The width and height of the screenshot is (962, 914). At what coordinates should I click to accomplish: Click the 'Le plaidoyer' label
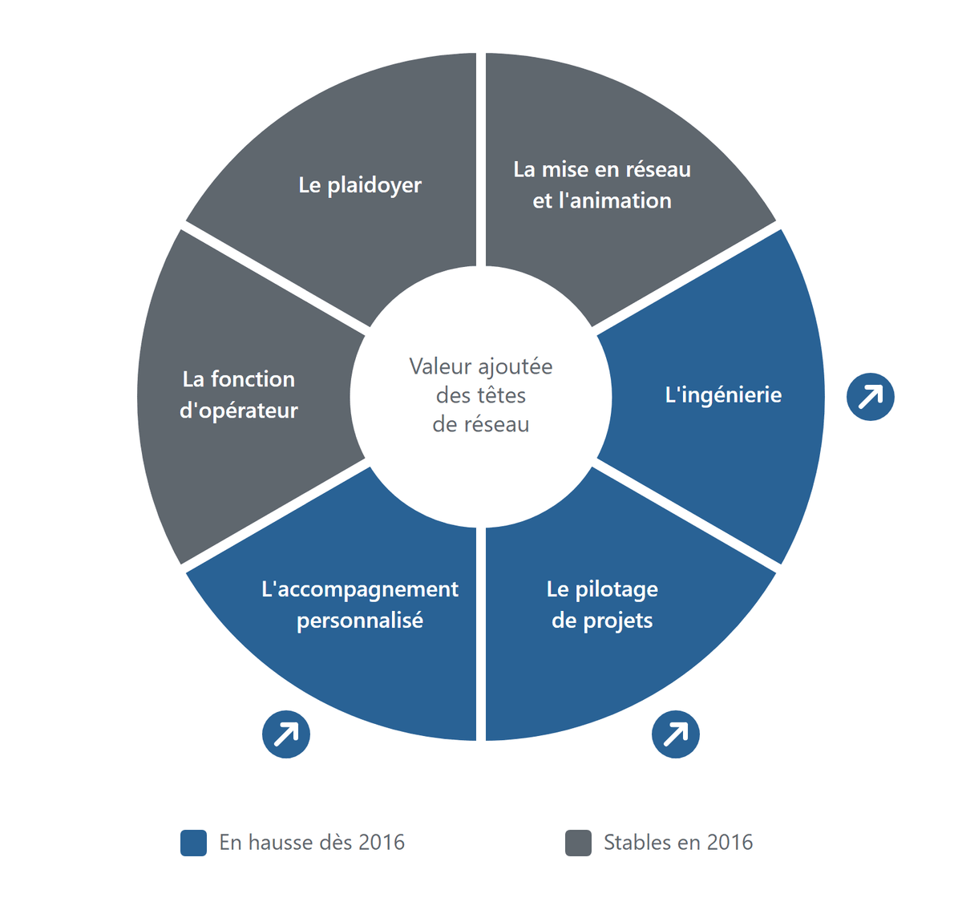point(360,185)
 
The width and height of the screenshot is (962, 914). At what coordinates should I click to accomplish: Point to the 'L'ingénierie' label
point(723,395)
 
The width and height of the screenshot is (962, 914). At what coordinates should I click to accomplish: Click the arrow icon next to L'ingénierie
point(870,397)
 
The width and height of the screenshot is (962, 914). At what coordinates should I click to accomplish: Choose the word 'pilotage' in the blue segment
point(616,590)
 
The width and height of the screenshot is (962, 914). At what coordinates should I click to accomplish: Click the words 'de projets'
point(602,621)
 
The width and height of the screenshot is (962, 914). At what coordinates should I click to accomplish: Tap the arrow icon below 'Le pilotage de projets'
point(675,734)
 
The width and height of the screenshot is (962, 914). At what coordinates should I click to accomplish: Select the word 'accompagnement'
point(367,590)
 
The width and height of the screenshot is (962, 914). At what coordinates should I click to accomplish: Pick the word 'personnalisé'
point(360,621)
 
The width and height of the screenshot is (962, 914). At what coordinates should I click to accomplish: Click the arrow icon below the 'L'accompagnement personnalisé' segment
point(285,734)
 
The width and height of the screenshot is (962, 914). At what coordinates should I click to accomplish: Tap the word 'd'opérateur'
point(238,411)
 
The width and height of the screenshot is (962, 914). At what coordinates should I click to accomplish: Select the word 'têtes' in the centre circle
point(500,395)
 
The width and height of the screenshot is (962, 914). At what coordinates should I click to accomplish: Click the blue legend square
point(193,843)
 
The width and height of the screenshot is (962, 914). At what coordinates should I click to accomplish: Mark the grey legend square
point(578,843)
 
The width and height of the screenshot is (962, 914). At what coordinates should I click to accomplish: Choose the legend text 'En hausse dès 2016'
point(312,843)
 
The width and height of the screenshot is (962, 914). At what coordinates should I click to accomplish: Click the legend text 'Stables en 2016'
point(677,843)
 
